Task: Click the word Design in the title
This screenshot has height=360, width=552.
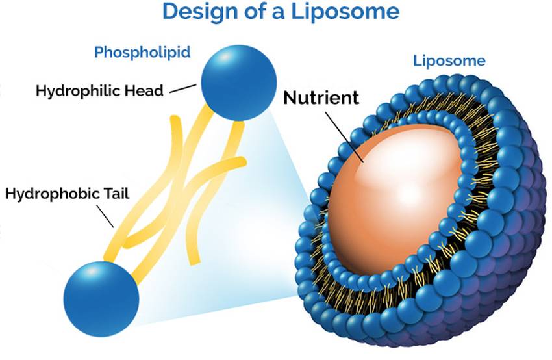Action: click(193, 12)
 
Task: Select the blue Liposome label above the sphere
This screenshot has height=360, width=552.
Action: click(449, 61)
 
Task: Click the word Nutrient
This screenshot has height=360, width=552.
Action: click(321, 98)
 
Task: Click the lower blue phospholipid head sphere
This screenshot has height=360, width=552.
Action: click(101, 298)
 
